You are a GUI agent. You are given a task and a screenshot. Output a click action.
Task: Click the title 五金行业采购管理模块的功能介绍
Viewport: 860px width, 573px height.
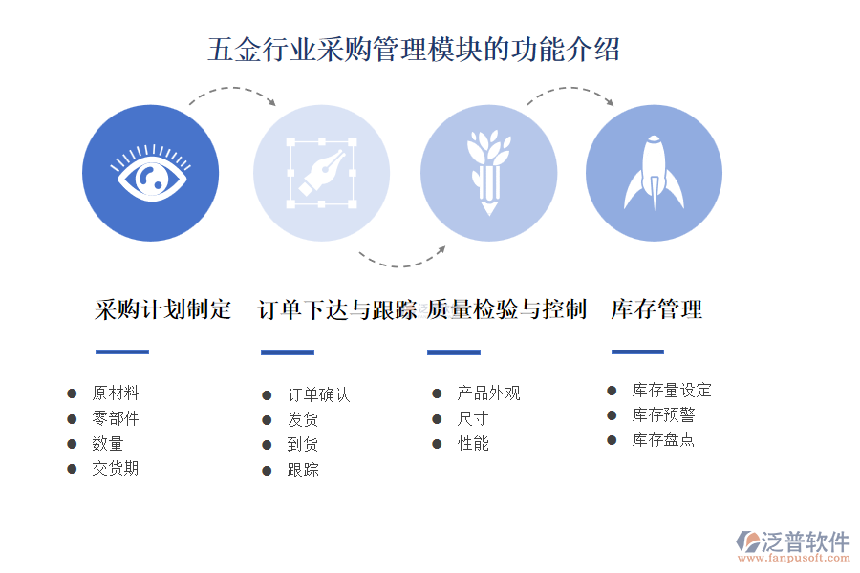click(x=414, y=50)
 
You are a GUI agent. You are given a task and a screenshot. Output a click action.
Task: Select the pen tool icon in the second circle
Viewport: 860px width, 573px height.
click(x=322, y=173)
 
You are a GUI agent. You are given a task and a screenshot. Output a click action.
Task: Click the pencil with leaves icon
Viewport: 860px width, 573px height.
click(x=488, y=173)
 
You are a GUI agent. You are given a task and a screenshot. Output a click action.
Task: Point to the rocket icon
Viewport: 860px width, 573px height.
click(x=654, y=173)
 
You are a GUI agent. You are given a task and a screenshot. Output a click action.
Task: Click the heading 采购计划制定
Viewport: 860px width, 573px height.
click(x=162, y=309)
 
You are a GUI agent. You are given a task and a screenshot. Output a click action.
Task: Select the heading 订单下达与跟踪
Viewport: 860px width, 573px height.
click(x=337, y=309)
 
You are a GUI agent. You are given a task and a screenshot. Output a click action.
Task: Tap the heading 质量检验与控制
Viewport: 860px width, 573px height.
click(x=506, y=309)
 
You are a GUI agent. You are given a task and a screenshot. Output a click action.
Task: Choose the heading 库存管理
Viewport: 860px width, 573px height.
click(x=656, y=309)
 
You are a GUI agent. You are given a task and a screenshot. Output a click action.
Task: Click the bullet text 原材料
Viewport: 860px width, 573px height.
click(x=116, y=393)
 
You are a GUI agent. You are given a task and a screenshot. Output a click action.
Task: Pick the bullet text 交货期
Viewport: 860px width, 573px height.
click(x=116, y=468)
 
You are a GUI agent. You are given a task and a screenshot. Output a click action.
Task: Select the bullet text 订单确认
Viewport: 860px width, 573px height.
click(x=318, y=394)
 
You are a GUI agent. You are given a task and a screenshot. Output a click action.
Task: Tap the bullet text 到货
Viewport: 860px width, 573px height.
click(x=303, y=444)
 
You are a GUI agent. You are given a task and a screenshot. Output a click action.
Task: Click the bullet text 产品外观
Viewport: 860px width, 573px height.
click(x=488, y=393)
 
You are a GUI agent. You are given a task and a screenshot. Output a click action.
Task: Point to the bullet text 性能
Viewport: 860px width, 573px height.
click(x=473, y=443)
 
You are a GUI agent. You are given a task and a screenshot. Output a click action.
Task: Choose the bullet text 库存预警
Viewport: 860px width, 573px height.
click(x=664, y=415)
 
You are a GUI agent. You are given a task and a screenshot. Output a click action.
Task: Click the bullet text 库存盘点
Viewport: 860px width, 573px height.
click(x=664, y=439)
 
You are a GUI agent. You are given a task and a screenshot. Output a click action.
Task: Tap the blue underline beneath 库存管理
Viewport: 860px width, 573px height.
click(x=638, y=351)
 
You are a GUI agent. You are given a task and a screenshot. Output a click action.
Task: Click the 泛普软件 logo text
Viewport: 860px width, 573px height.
click(x=806, y=541)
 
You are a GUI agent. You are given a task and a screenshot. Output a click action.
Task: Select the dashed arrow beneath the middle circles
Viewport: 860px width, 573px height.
click(x=402, y=265)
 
